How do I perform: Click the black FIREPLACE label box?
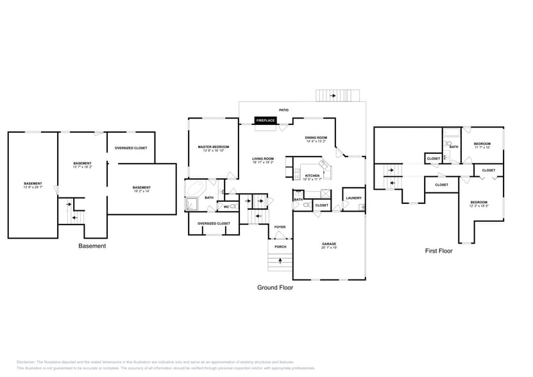[x=266, y=121]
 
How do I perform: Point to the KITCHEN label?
[x=312, y=176]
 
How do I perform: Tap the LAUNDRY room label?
[x=353, y=198]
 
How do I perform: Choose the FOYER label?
[x=280, y=227]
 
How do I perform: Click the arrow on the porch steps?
[x=280, y=260]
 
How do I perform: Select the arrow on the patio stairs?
[x=334, y=96]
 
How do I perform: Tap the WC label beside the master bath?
[x=226, y=206]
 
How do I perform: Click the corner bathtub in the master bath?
[x=194, y=188]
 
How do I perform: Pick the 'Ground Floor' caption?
[x=275, y=288]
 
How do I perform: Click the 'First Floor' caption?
[x=439, y=251]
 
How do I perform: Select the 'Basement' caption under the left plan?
[x=92, y=246]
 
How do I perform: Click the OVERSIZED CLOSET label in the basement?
[x=131, y=148]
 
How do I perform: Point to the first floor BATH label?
[x=453, y=147]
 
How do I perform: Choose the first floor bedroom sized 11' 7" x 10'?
[x=482, y=146]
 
